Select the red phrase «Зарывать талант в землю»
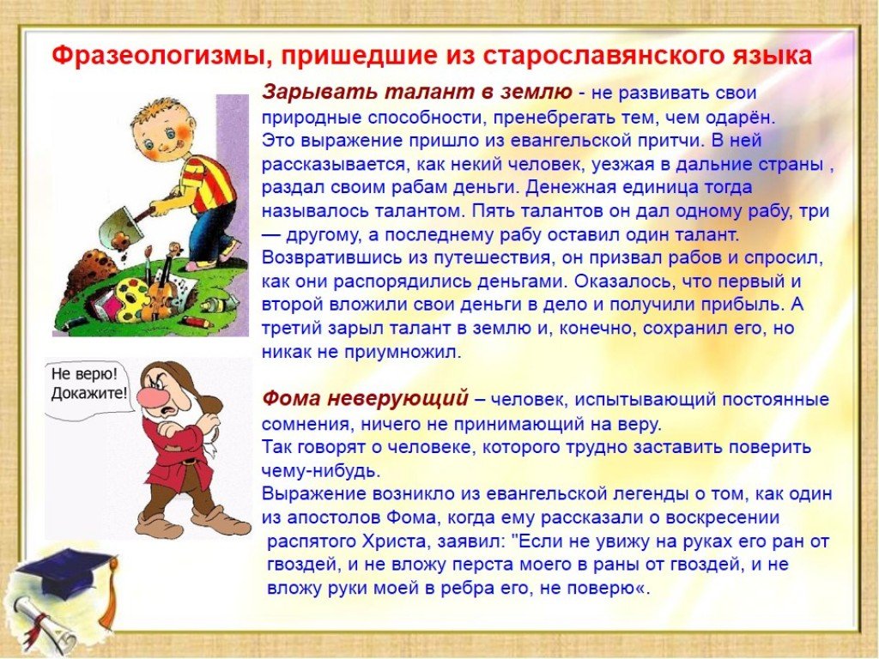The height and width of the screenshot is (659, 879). click(x=417, y=92)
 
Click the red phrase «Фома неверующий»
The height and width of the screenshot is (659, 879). click(x=365, y=398)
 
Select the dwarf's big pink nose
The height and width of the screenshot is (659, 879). click(x=151, y=397)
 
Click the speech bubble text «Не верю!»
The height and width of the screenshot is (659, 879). click(x=85, y=374)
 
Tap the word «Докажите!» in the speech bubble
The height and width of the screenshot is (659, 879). click(x=89, y=393)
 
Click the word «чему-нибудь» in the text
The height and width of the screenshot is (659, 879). click(x=321, y=470)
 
